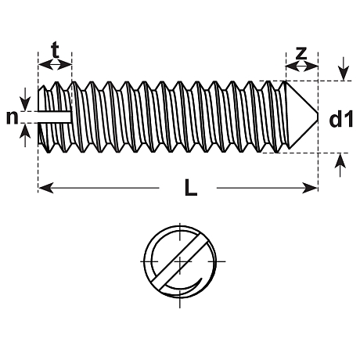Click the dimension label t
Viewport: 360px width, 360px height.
click(x=55, y=51)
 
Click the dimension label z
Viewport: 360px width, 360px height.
click(x=301, y=53)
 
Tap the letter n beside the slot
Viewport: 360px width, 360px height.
click(x=13, y=117)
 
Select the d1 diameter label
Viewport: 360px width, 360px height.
click(x=341, y=119)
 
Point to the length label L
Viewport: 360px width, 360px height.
click(x=191, y=187)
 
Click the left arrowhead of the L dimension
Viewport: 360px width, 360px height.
click(x=46, y=188)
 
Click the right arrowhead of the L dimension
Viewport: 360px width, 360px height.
click(x=310, y=188)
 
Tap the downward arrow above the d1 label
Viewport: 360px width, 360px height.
click(x=344, y=69)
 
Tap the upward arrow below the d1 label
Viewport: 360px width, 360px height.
click(x=340, y=165)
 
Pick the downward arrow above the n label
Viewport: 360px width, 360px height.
click(x=25, y=99)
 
